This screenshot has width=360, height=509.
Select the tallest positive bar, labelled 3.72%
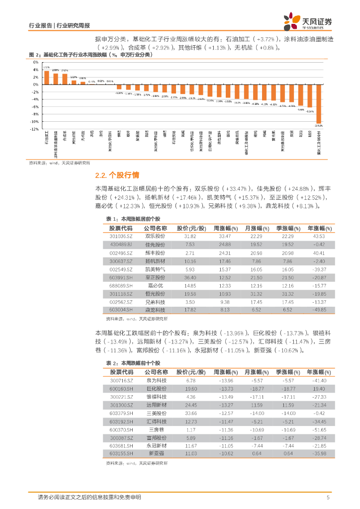pyautogui.click(x=46, y=78)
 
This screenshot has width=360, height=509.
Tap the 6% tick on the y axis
pyautogui.click(x=36, y=63)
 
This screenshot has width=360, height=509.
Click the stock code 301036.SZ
pyautogui.click(x=121, y=236)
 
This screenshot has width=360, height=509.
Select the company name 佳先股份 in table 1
pyautogui.click(x=155, y=245)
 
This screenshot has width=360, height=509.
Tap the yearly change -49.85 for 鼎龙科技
pyautogui.click(x=319, y=310)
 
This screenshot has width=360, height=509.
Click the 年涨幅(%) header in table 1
pyautogui.click(x=319, y=228)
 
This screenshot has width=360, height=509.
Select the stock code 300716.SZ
pyautogui.click(x=121, y=380)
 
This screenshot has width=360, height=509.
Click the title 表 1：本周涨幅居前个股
pyautogui.click(x=133, y=219)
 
